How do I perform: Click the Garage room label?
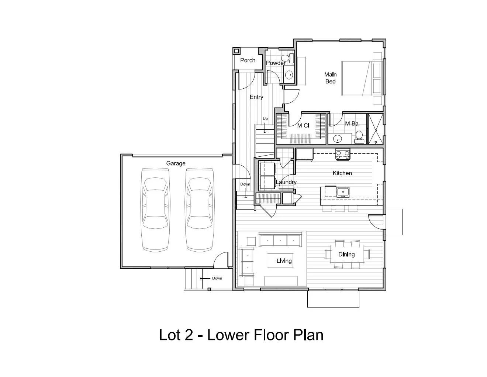pyautogui.click(x=176, y=163)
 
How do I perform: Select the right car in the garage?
pyautogui.click(x=200, y=210)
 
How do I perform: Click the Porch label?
pyautogui.click(x=248, y=60)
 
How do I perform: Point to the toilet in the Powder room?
pyautogui.click(x=286, y=58)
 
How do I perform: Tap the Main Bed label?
pyautogui.click(x=330, y=78)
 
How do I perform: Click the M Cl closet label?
pyautogui.click(x=303, y=126)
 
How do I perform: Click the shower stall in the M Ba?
pyautogui.click(x=376, y=129)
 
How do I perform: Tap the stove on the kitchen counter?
pyautogui.click(x=343, y=154)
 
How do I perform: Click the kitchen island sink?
pyautogui.click(x=343, y=192)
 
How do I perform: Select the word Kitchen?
pyautogui.click(x=342, y=173)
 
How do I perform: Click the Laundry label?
pyautogui.click(x=286, y=182)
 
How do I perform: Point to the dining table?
pyautogui.click(x=346, y=254)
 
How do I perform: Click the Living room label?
pyautogui.click(x=284, y=261)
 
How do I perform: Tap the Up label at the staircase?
pyautogui.click(x=265, y=119)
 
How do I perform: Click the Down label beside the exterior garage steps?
pyautogui.click(x=217, y=278)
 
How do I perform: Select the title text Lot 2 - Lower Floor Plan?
pyautogui.click(x=241, y=335)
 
